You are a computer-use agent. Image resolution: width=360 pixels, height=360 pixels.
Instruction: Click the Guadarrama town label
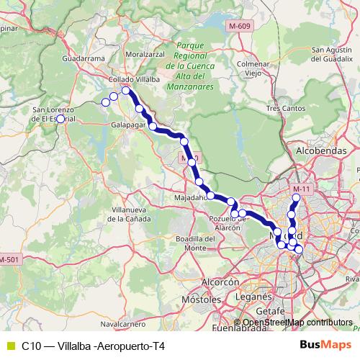[x=81, y=58]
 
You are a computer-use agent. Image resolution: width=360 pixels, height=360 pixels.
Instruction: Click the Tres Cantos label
[x=282, y=108]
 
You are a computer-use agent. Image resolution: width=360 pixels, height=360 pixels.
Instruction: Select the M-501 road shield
[x=9, y=259]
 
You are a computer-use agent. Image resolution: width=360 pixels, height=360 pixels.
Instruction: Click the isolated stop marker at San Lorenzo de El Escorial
[x=60, y=119]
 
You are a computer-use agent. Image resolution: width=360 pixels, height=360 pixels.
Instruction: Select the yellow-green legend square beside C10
[x=10, y=346]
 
